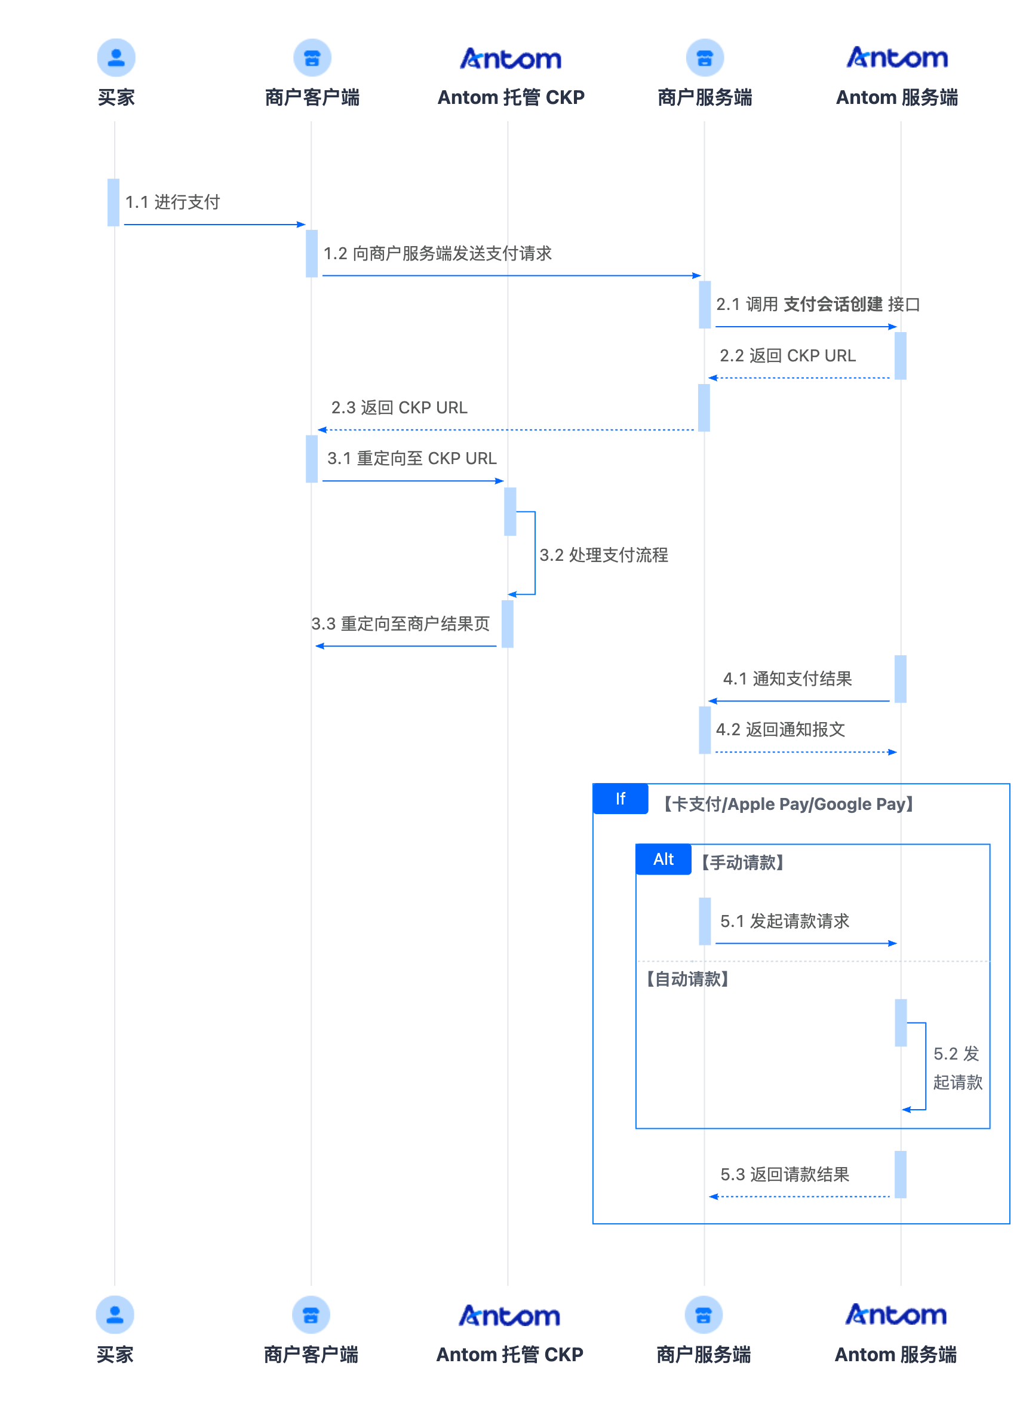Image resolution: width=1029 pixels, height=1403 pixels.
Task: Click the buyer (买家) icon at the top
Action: coord(116,57)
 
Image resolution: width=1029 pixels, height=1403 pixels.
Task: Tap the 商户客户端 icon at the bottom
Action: coord(311,1314)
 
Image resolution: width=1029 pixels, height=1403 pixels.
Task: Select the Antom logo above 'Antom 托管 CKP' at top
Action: coord(510,59)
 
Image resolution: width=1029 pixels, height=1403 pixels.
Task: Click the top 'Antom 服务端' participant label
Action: coord(896,97)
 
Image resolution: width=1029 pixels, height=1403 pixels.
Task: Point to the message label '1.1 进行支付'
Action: coord(173,202)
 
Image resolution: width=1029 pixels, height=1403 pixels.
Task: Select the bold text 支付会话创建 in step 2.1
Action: coord(833,304)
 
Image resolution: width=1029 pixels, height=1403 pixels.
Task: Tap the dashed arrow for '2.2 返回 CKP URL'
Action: coord(800,377)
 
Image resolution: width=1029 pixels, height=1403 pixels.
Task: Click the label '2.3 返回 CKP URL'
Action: coord(400,407)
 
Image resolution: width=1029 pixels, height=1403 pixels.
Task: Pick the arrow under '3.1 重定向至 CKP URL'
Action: coord(412,480)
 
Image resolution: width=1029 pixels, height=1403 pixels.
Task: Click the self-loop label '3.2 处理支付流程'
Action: coord(604,554)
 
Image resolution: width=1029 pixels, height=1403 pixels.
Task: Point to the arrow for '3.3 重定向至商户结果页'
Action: coord(406,646)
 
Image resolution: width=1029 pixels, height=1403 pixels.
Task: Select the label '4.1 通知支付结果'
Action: coord(787,679)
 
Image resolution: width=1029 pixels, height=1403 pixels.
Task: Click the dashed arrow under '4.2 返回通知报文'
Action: coord(805,752)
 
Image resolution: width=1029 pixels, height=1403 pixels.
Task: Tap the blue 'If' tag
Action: coord(621,799)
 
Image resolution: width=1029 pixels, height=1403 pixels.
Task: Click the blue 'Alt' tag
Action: coord(664,859)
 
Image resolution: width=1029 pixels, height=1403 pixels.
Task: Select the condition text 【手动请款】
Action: coord(742,862)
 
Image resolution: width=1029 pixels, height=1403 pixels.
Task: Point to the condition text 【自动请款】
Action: coord(687,979)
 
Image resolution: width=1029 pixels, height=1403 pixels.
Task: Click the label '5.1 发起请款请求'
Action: coord(784,921)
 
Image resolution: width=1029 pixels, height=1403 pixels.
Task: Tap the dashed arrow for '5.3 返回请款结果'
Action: coord(800,1196)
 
